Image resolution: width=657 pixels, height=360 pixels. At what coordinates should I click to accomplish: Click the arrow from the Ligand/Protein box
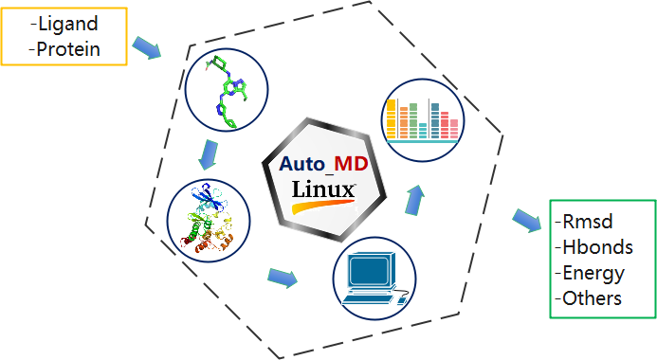pyautogui.click(x=147, y=46)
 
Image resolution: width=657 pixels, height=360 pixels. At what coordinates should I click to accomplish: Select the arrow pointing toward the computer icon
pyautogui.click(x=282, y=278)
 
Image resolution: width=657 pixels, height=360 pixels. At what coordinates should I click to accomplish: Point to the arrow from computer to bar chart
pyautogui.click(x=413, y=200)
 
